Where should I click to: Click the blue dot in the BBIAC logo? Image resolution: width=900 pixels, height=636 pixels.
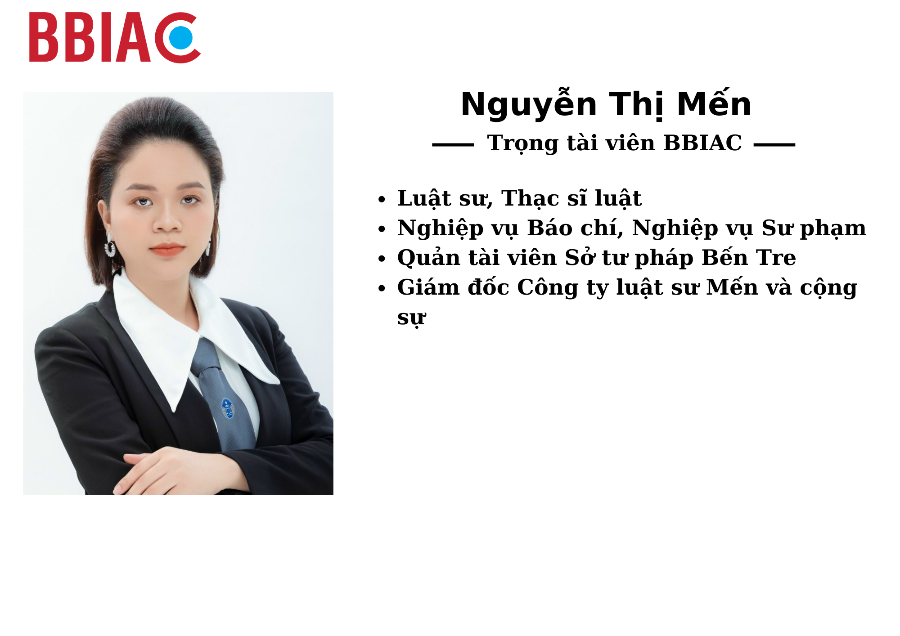[181, 38]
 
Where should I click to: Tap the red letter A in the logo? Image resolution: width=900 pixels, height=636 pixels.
[133, 37]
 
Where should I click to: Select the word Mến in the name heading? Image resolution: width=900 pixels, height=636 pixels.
[714, 103]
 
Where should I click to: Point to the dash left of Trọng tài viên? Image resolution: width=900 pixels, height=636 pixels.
[453, 145]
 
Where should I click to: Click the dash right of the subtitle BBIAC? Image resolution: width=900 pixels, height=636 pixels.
[774, 145]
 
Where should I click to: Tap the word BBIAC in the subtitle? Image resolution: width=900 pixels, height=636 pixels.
[702, 143]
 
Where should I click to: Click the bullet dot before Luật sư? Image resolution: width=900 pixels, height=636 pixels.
[382, 199]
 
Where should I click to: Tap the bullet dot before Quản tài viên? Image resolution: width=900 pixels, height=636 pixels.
[382, 259]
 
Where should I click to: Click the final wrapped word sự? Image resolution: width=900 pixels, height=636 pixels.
[411, 318]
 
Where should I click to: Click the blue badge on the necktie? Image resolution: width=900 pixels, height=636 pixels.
[228, 408]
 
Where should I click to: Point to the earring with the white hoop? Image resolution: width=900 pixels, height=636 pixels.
[110, 246]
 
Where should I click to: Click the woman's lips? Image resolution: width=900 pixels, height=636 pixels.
[167, 249]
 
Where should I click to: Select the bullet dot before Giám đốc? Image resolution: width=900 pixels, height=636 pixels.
[382, 288]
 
